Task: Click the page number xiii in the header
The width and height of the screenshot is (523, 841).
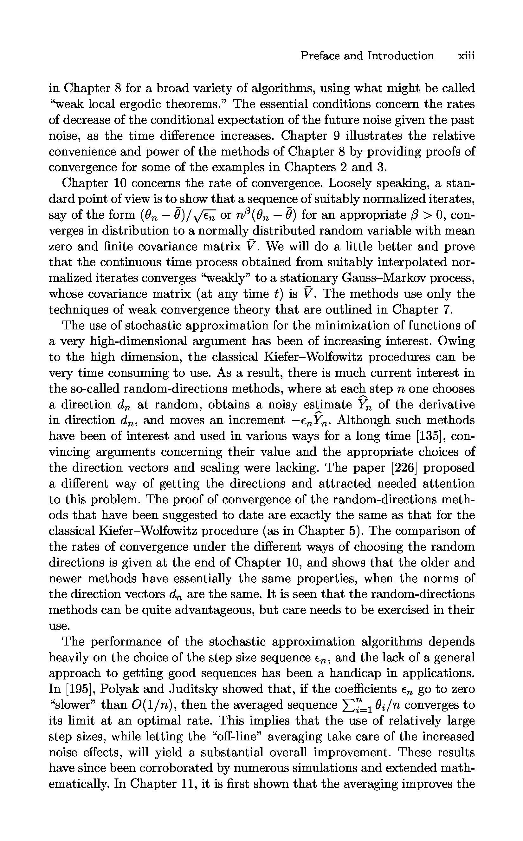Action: tap(466, 56)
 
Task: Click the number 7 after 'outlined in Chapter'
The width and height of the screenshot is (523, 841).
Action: tap(447, 309)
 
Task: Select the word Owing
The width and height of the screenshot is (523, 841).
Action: tap(456, 341)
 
